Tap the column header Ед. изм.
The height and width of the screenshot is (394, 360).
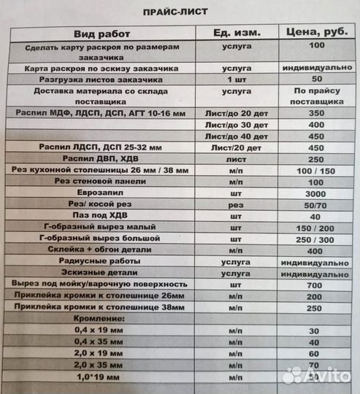tap(235, 34)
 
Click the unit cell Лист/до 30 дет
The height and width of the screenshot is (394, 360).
tap(235, 125)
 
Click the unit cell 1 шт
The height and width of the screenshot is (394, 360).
tap(235, 78)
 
